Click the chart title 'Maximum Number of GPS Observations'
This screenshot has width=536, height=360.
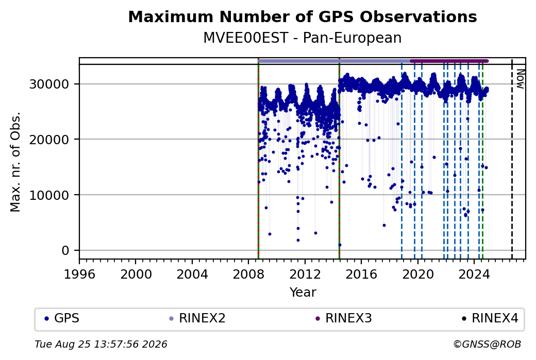pyautogui.click(x=302, y=16)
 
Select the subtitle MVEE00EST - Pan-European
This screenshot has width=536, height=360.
pyautogui.click(x=302, y=38)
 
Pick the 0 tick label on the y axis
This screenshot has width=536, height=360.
pyautogui.click(x=65, y=250)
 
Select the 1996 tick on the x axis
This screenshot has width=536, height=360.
pyautogui.click(x=79, y=274)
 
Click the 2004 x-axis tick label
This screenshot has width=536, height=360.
pyautogui.click(x=192, y=274)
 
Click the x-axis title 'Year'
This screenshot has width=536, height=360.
pyautogui.click(x=303, y=293)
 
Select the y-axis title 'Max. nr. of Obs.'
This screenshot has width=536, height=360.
pyautogui.click(x=15, y=162)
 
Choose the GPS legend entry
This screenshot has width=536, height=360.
pyautogui.click(x=62, y=318)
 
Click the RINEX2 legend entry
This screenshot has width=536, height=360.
pyautogui.click(x=197, y=318)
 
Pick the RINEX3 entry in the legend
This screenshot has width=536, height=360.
pyautogui.click(x=344, y=318)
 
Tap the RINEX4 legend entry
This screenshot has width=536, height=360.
pyautogui.click(x=490, y=318)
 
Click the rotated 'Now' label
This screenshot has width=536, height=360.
pyautogui.click(x=520, y=79)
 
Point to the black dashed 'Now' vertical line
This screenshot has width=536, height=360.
pyautogui.click(x=512, y=159)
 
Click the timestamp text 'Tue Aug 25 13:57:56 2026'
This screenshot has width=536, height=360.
pyautogui.click(x=101, y=344)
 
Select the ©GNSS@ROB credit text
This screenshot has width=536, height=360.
pyautogui.click(x=487, y=344)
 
